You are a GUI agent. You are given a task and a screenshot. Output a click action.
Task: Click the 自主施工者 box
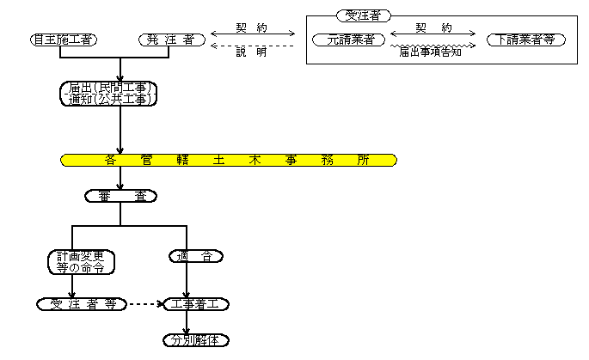click(62, 40)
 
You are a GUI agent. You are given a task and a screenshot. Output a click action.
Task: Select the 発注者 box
click(171, 40)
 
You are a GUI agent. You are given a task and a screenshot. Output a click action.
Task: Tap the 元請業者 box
click(344, 40)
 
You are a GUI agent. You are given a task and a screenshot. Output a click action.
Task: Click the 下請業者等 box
click(525, 40)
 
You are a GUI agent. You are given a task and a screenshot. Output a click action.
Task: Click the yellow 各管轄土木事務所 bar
click(229, 160)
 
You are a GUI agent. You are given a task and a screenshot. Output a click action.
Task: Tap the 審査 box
click(121, 196)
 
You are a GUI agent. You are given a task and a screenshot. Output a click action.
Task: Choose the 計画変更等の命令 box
click(80, 261)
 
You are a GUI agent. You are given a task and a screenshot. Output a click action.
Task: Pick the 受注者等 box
click(83, 304)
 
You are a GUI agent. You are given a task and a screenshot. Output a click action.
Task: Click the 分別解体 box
click(196, 339)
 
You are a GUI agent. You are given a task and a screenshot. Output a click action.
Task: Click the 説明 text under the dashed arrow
click(251, 53)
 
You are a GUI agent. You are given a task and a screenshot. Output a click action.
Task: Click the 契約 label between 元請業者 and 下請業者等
click(433, 28)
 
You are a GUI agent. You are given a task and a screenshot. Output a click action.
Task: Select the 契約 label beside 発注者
click(251, 28)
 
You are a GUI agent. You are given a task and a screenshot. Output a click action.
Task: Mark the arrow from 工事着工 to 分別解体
click(187, 322)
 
